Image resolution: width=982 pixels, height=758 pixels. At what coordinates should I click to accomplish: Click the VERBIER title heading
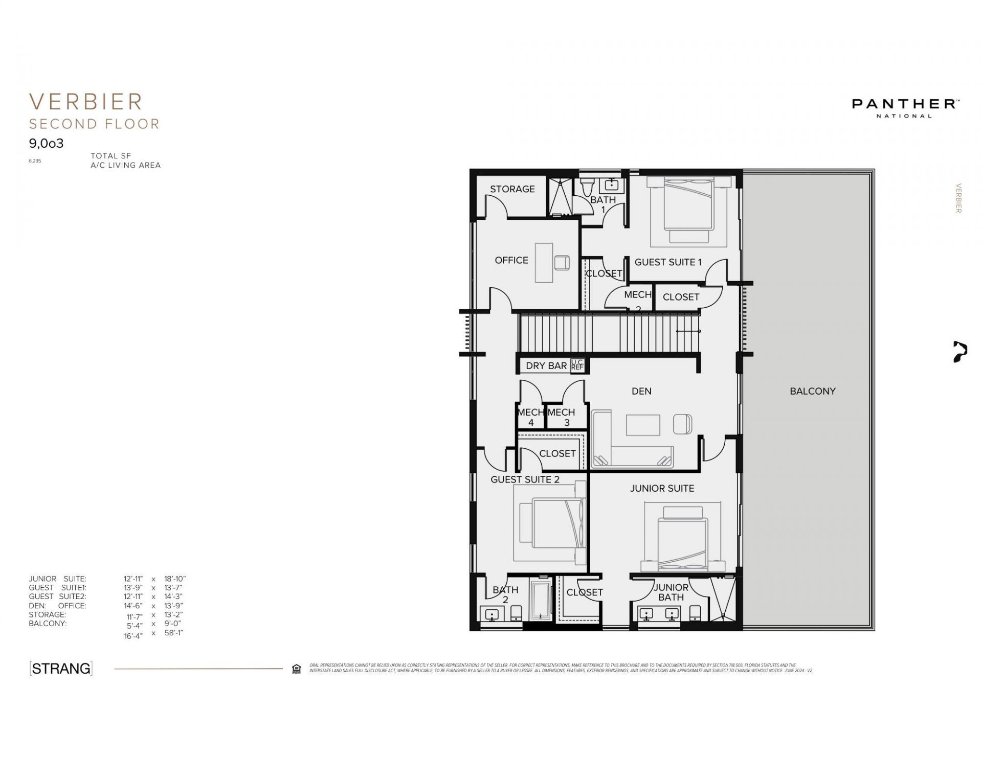click(86, 102)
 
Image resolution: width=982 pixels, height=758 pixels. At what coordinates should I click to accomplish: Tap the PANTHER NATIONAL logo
click(904, 107)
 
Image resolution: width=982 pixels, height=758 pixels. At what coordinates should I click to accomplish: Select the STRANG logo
click(61, 668)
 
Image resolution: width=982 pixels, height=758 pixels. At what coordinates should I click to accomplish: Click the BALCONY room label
click(812, 391)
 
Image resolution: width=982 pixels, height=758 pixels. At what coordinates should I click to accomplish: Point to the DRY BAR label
click(546, 366)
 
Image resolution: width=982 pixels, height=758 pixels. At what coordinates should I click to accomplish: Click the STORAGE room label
click(512, 189)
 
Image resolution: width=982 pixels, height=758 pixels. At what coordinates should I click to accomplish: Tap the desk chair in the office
click(562, 263)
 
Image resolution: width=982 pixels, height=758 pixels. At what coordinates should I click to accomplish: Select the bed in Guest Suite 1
click(688, 204)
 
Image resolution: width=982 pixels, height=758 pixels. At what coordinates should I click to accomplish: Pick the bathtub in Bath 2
click(540, 600)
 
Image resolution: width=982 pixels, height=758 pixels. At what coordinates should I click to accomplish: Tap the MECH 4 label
click(530, 417)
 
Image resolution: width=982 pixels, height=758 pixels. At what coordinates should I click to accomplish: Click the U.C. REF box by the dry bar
click(577, 365)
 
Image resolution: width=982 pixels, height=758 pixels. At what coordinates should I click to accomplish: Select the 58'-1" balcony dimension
click(173, 633)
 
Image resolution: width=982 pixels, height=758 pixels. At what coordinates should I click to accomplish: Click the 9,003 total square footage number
click(46, 143)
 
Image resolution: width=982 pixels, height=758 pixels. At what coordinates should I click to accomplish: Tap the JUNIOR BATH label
click(671, 592)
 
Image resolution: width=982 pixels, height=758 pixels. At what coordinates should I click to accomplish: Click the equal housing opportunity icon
click(296, 669)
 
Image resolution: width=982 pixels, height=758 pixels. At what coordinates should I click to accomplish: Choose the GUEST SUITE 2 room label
click(525, 479)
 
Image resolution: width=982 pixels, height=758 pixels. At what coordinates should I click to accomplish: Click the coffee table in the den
click(642, 425)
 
